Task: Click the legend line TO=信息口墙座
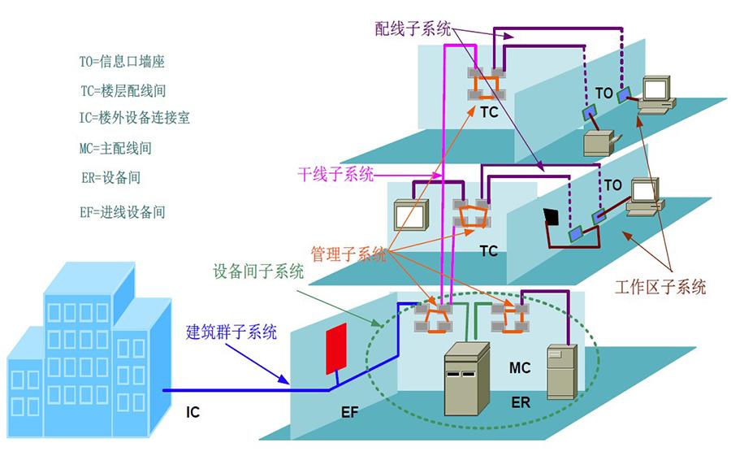tap(122, 62)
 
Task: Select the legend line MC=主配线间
tap(115, 149)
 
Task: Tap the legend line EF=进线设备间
tap(123, 212)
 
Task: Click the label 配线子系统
tap(413, 29)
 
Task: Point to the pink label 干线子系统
tap(335, 175)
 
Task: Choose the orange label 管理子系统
tap(348, 254)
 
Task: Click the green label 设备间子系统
tap(259, 271)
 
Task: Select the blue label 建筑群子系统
tap(231, 332)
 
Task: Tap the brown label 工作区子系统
tap(660, 287)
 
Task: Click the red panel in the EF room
tap(336, 350)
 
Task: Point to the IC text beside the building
tap(192, 412)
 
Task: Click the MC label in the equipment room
tap(520, 367)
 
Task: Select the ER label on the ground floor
tap(521, 402)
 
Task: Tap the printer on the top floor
tap(601, 143)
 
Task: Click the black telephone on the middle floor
tap(551, 217)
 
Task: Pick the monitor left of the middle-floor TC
tap(411, 215)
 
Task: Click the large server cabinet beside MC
tap(467, 379)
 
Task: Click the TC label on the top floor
tap(489, 112)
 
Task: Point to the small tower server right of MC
tap(562, 372)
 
